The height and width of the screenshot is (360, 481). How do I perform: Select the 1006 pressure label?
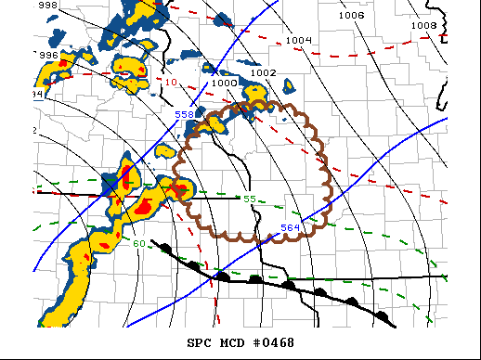[x=351, y=16]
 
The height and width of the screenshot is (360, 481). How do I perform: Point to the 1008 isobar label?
[x=423, y=25]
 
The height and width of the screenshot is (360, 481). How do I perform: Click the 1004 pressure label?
[x=298, y=40]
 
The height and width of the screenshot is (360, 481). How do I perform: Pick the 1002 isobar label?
[x=264, y=72]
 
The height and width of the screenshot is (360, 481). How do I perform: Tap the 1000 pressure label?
[x=224, y=83]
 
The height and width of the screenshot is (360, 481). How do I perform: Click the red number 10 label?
[x=170, y=83]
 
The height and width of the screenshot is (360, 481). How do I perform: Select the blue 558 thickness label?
[x=185, y=115]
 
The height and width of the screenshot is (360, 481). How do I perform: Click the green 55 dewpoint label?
[x=249, y=199]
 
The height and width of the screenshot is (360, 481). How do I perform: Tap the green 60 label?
[x=137, y=244]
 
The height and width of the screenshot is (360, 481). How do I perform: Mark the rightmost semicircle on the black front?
[x=381, y=316]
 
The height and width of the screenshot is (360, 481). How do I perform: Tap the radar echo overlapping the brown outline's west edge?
[x=179, y=190]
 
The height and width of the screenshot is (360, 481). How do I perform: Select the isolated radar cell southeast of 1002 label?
[x=288, y=87]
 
